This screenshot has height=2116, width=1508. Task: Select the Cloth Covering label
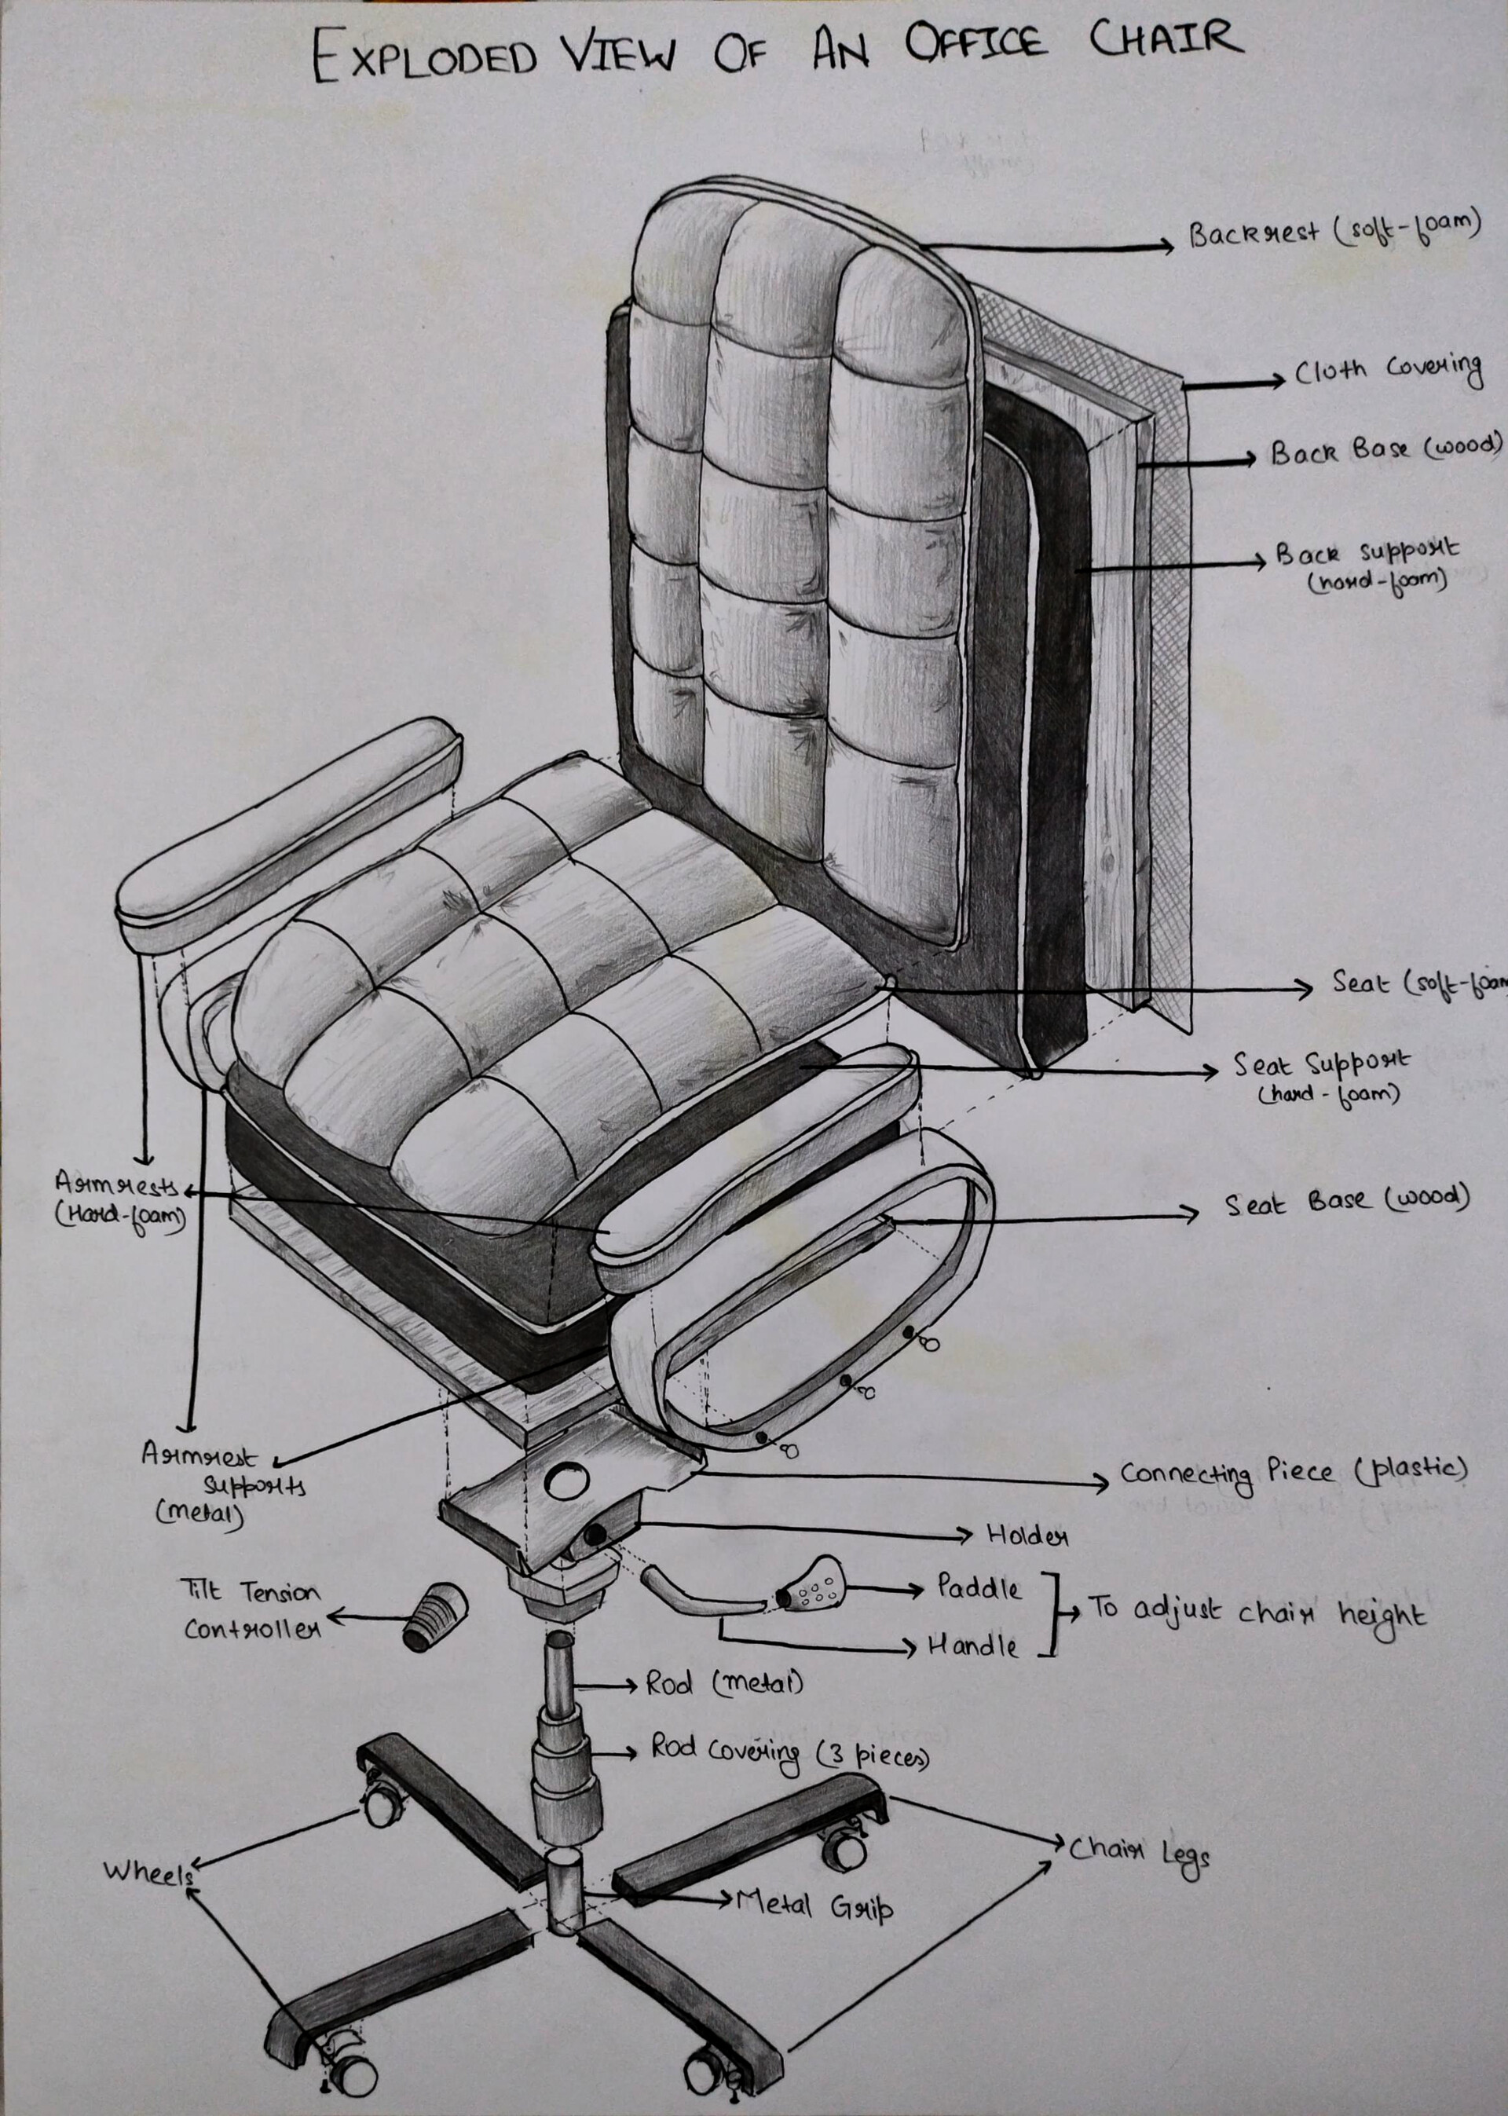click(1387, 372)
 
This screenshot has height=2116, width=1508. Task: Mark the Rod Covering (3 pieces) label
click(789, 1751)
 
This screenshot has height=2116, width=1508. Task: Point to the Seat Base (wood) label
click(1346, 1203)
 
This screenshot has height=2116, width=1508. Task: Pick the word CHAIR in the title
click(1165, 39)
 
